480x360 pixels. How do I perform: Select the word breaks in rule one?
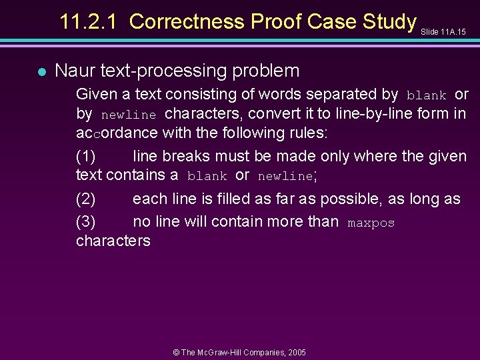point(183,157)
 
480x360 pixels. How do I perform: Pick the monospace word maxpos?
point(371,223)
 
